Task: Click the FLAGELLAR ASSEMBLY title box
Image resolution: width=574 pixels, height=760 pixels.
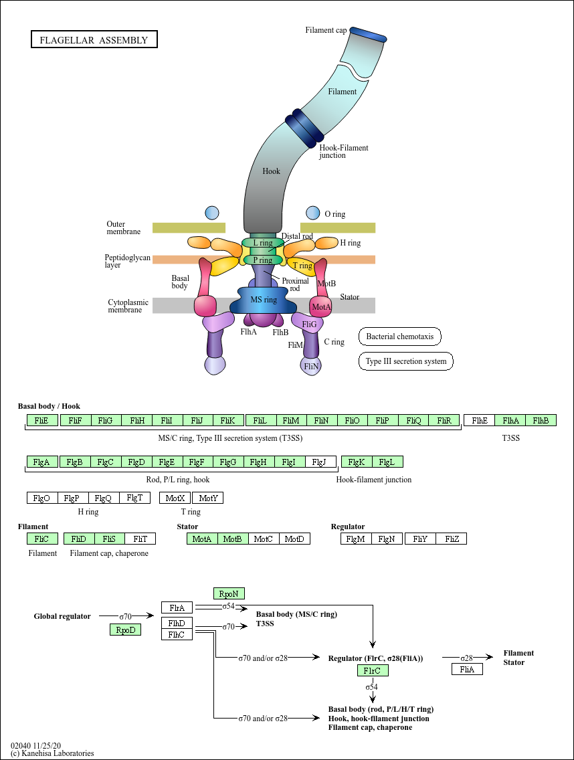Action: [x=94, y=40]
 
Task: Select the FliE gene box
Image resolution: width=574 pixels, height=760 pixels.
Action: [x=42, y=421]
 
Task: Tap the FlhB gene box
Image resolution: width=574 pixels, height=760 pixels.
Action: [x=541, y=421]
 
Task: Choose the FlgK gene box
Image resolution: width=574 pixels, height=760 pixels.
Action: [x=357, y=462]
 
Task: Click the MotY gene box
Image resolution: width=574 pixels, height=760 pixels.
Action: [x=208, y=498]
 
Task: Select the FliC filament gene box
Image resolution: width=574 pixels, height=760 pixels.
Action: [x=42, y=539]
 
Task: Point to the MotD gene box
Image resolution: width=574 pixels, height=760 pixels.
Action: [x=294, y=539]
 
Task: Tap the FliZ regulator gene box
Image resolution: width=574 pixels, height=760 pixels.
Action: [x=451, y=539]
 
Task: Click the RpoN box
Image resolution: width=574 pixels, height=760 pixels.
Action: [x=229, y=593]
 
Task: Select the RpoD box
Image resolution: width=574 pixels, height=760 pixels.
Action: [x=126, y=630]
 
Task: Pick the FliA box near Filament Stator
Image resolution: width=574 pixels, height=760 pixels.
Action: [x=467, y=669]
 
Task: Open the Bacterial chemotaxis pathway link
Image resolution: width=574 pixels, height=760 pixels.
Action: [x=400, y=337]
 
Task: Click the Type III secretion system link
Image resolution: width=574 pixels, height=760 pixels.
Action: [x=406, y=362]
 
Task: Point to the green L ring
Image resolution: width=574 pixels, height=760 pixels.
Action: [x=258, y=243]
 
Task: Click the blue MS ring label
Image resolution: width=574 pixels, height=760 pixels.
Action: [x=263, y=300]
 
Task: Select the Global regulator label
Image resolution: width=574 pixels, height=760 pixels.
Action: [x=62, y=616]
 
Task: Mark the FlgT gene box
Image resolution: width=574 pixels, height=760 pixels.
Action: [x=134, y=498]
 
